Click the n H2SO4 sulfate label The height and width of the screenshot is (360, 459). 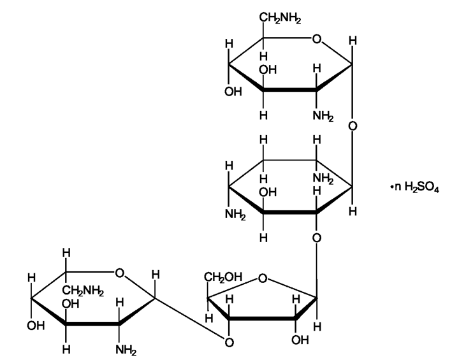[x=415, y=187]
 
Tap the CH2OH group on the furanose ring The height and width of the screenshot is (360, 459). [x=223, y=277]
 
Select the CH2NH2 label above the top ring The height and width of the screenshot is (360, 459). [x=280, y=18]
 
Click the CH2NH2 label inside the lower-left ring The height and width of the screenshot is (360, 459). [x=83, y=291]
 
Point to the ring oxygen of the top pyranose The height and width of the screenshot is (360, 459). [x=317, y=39]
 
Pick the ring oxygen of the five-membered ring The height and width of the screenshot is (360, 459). [x=263, y=278]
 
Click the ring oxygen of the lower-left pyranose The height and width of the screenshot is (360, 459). [x=119, y=273]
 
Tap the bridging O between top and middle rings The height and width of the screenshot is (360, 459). [x=353, y=126]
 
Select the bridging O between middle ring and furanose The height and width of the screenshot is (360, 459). [x=316, y=238]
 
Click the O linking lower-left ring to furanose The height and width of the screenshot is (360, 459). [x=229, y=342]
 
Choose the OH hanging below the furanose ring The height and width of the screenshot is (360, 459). [x=300, y=340]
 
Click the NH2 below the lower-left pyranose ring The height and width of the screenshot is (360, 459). [x=126, y=350]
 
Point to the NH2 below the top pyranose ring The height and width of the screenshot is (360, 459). [x=323, y=116]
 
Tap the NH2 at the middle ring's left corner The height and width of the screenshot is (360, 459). [x=235, y=215]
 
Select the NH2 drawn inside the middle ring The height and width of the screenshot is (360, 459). [x=323, y=178]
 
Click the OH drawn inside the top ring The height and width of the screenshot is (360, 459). [x=268, y=70]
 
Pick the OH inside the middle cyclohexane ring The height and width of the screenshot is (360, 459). [x=268, y=192]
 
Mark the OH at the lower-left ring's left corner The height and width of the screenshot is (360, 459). [x=36, y=326]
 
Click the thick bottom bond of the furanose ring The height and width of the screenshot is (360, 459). [x=262, y=318]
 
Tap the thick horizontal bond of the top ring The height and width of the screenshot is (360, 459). [x=290, y=90]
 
